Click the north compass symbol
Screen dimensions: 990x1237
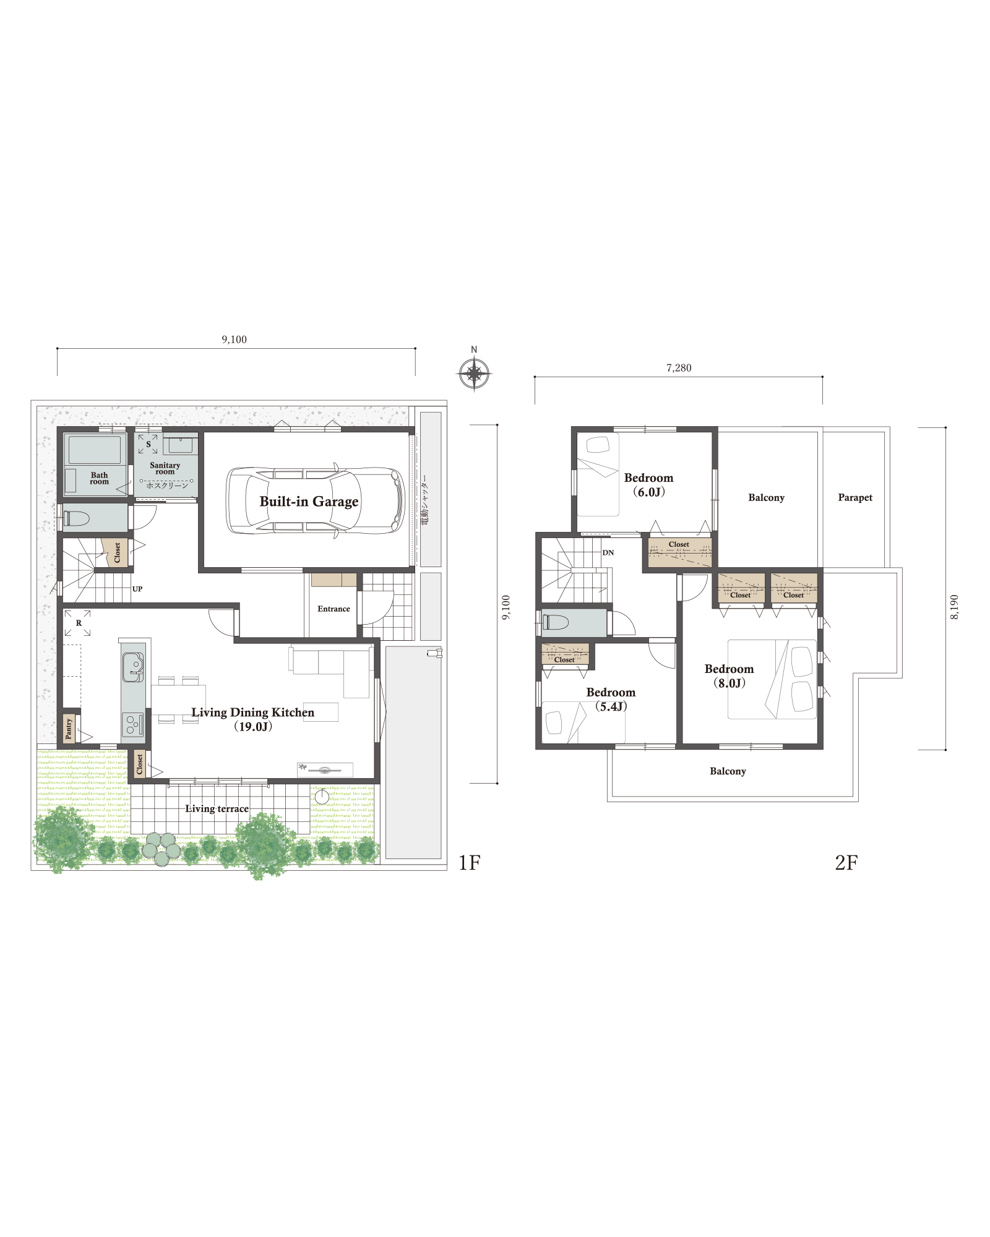tap(474, 373)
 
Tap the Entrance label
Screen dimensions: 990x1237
tap(334, 609)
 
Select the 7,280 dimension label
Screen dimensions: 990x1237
tap(679, 368)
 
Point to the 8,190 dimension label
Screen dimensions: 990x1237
tap(954, 607)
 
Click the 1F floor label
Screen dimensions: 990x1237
tap(469, 862)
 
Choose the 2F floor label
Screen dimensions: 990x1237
tap(846, 862)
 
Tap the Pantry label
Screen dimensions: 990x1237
tap(69, 729)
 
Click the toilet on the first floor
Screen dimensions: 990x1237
tap(76, 518)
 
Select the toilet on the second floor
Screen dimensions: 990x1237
tap(555, 622)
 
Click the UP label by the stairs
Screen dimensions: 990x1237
tap(137, 589)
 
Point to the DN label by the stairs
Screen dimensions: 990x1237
tap(608, 552)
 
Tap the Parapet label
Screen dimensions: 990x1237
tap(855, 498)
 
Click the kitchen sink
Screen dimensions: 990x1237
tap(133, 667)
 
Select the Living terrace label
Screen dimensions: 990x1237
tap(217, 809)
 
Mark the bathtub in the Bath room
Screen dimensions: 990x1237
tap(95, 450)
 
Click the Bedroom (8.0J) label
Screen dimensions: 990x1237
tap(730, 676)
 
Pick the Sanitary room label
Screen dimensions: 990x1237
tap(165, 468)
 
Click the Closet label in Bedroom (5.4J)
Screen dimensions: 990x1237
tap(564, 660)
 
